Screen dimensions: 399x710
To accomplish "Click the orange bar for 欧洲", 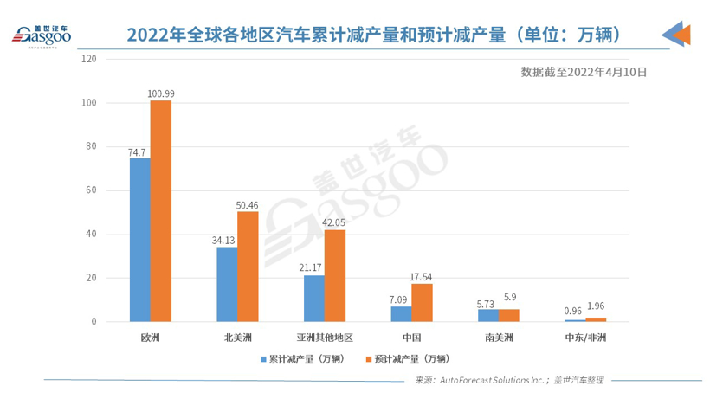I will pyautogui.click(x=161, y=211).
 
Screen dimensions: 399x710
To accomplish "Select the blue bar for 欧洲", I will pyautogui.click(x=140, y=240).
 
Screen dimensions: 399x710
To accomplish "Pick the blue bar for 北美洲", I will pyautogui.click(x=227, y=285).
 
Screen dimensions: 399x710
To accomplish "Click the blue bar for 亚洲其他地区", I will pyautogui.click(x=314, y=299).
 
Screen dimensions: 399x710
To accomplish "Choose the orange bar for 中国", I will pyautogui.click(x=422, y=303).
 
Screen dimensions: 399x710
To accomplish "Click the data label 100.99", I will pyautogui.click(x=162, y=93).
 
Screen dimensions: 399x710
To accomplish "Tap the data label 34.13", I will pyautogui.click(x=225, y=240).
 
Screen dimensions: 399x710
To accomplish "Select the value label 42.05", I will pyautogui.click(x=334, y=222).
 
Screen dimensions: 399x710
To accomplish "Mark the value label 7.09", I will pyautogui.click(x=400, y=299).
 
